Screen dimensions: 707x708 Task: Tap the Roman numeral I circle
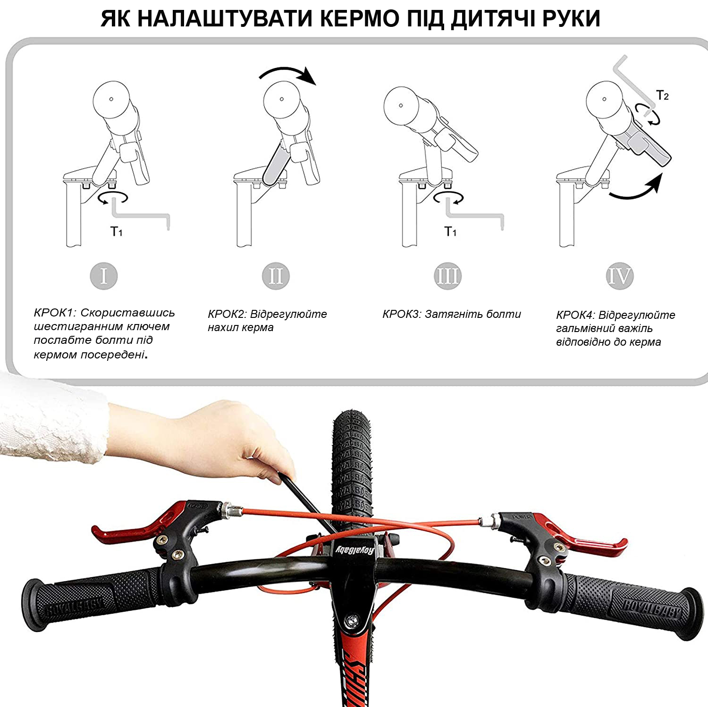[103, 276]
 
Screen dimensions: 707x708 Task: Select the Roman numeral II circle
[276, 276]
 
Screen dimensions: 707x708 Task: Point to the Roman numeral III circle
[447, 276]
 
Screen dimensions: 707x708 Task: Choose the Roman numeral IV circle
[619, 276]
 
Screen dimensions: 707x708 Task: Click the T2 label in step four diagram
[663, 96]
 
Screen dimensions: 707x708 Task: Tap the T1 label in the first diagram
[117, 231]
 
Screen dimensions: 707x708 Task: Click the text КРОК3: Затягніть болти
[452, 314]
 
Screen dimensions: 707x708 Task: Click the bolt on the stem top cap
[351, 619]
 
